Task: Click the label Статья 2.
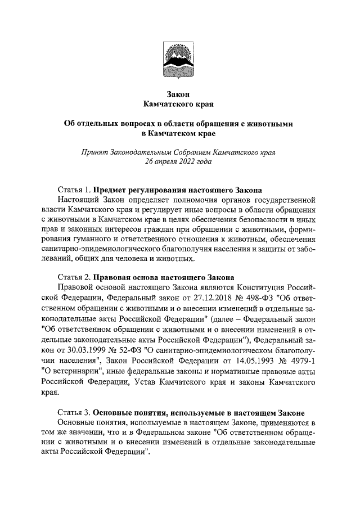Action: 74,277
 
